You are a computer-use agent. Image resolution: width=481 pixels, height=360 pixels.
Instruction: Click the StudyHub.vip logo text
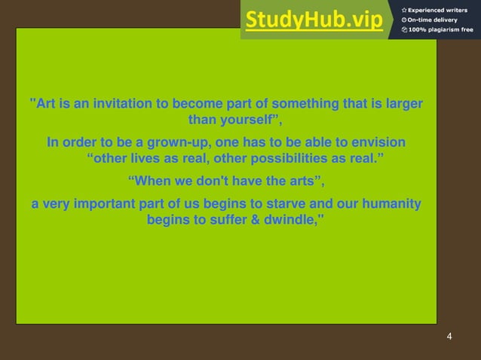pyautogui.click(x=314, y=20)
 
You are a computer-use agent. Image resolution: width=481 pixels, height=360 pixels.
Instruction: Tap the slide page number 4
pyautogui.click(x=449, y=336)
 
